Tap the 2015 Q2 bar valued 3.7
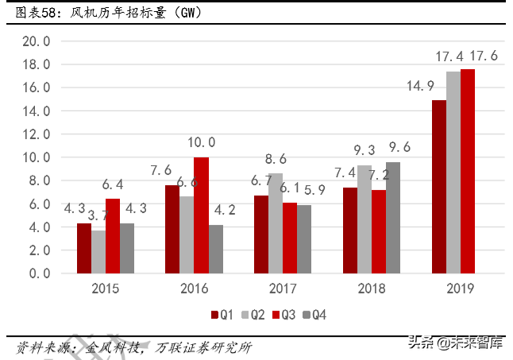[x=98, y=251]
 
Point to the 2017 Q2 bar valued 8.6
[x=276, y=223]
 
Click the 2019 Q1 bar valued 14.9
[x=438, y=186]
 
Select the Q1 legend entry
[x=222, y=315]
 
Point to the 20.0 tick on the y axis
[x=37, y=41]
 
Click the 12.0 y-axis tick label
[x=37, y=134]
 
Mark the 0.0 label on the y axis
[x=37, y=273]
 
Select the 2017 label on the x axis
[x=283, y=288]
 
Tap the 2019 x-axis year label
[x=460, y=288]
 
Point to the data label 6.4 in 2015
[x=113, y=184]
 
